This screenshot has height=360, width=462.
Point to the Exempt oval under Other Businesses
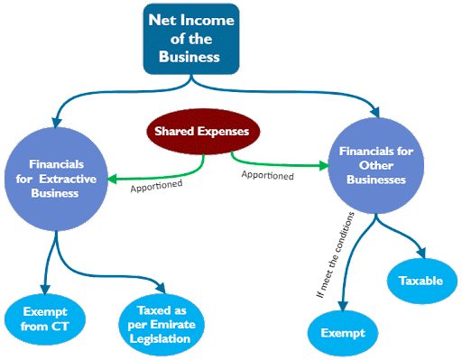pos(343,332)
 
